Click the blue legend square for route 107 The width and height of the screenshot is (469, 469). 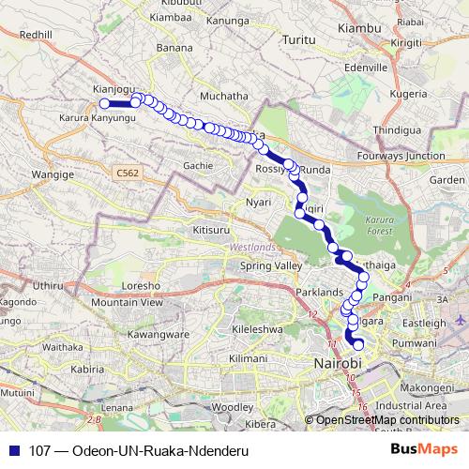click(11, 450)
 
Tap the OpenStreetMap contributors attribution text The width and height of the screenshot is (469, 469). click(387, 419)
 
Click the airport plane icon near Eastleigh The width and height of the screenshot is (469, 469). click(459, 321)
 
